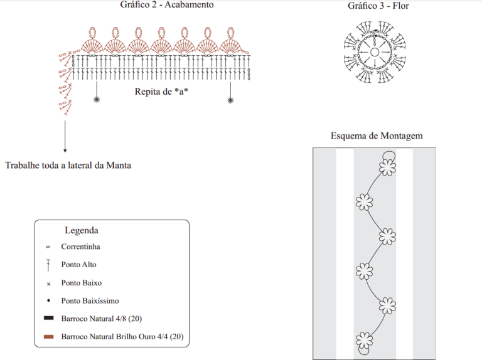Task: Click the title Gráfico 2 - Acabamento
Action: (167, 4)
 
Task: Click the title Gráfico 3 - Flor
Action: (378, 6)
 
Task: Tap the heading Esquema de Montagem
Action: (377, 135)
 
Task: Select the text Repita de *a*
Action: (161, 92)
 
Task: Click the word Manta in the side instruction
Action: (119, 165)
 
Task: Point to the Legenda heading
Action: (82, 230)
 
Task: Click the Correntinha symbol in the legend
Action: (48, 246)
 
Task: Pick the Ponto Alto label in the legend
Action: (78, 265)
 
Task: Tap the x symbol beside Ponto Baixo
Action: (48, 284)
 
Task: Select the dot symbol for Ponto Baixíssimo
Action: (48, 300)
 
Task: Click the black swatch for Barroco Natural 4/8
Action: (48, 318)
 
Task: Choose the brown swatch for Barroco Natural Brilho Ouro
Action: (48, 337)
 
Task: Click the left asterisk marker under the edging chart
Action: (97, 100)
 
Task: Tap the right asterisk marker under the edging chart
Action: (230, 100)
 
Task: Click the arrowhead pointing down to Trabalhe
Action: (65, 150)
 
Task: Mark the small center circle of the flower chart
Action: (375, 52)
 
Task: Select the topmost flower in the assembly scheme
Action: (387, 167)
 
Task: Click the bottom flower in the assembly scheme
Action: (365, 341)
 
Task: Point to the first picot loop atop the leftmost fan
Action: (92, 32)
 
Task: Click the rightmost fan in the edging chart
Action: (230, 46)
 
